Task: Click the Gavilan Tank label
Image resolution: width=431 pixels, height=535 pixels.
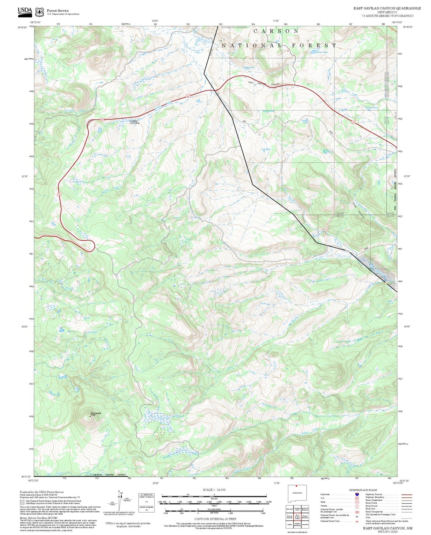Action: tap(321, 52)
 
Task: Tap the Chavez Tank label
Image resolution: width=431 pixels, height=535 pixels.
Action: tap(248, 68)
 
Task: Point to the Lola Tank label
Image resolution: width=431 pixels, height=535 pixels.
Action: tap(266, 149)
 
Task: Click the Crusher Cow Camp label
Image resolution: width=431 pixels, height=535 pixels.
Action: tap(134, 122)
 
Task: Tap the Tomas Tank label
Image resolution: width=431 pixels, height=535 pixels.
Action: tap(305, 121)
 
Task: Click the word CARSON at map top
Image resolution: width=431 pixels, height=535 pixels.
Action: tap(276, 31)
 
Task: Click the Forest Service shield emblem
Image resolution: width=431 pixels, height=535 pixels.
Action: tap(39, 12)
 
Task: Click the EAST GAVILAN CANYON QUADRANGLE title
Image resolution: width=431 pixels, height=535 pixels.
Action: tap(387, 8)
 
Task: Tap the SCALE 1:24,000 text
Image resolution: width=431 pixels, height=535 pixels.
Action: tap(214, 490)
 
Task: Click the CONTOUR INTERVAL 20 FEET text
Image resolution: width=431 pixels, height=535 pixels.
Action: tap(215, 519)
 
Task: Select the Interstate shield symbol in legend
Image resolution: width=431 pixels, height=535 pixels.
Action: tap(357, 494)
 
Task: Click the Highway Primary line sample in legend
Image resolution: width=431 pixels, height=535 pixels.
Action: tap(406, 494)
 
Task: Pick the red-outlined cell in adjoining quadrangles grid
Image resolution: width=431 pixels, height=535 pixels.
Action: tap(297, 517)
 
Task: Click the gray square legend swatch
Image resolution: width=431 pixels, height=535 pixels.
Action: tap(22, 502)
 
